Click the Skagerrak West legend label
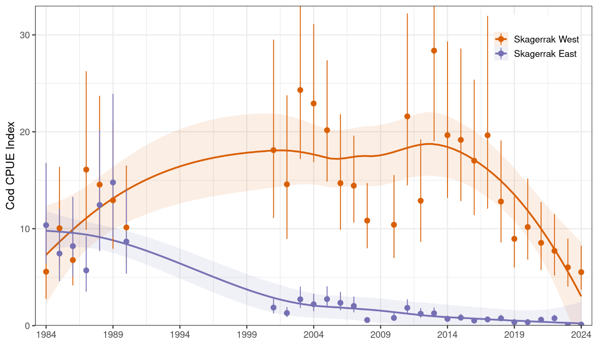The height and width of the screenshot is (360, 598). tap(546, 40)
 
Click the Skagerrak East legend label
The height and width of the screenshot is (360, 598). tap(545, 54)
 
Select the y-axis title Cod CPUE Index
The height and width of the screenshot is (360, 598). tap(10, 166)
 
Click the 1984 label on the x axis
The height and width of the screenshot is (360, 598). tap(46, 335)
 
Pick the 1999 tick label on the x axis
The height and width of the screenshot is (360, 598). tap(247, 335)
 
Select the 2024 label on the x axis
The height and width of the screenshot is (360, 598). tap(581, 335)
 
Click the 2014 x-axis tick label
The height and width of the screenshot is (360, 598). tap(447, 335)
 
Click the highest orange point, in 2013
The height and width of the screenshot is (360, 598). tap(434, 51)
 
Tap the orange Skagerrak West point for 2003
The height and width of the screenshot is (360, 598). tap(300, 90)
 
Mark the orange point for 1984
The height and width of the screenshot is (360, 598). tap(46, 272)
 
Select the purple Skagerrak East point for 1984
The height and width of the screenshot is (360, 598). tap(46, 225)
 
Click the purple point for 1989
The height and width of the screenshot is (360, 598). tap(113, 183)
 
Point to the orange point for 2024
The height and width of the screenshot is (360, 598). tap(581, 272)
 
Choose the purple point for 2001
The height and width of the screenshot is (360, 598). tap(274, 307)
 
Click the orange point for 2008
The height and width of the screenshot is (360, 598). tap(367, 220)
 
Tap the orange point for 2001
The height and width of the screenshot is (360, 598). tap(274, 150)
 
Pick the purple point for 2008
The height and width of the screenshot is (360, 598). tap(367, 320)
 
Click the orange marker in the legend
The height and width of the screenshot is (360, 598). tap(501, 40)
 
